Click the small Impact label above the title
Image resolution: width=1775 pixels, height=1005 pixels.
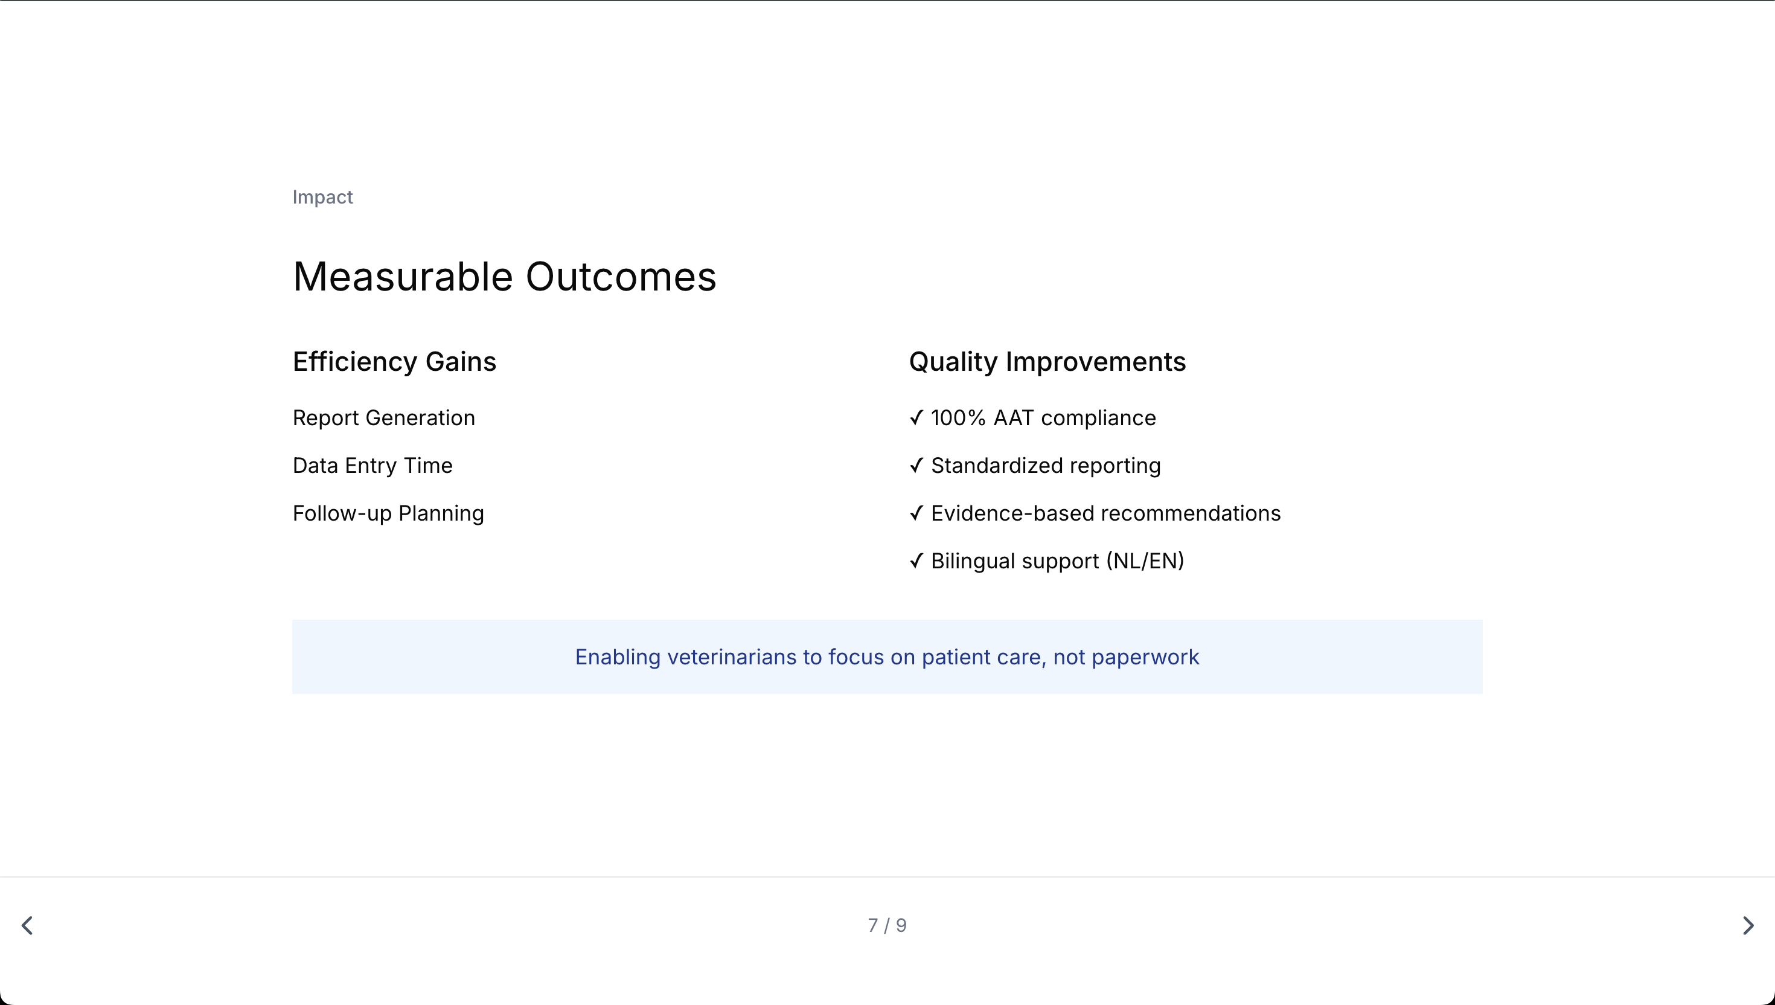coord(322,197)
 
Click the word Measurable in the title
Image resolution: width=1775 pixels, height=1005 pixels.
coord(403,277)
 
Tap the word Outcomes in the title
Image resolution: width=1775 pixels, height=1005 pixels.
coord(621,277)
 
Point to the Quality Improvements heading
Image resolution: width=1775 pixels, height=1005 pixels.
coord(1047,362)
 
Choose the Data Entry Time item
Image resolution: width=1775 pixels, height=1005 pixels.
coord(373,465)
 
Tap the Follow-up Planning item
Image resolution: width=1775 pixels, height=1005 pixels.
coord(388,513)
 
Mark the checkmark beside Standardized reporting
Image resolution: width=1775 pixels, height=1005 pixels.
coord(916,465)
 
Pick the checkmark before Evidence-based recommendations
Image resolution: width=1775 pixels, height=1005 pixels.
coord(916,513)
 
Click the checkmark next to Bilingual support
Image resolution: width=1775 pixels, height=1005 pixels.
coord(916,560)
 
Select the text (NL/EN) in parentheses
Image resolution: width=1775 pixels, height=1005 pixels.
coord(1145,561)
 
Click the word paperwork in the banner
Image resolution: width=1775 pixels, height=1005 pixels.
coord(1145,658)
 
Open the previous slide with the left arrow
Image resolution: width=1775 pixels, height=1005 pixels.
coord(28,926)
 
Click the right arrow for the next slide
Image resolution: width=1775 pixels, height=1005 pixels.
coord(1748,926)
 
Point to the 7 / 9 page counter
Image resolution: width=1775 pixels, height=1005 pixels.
coord(887,926)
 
